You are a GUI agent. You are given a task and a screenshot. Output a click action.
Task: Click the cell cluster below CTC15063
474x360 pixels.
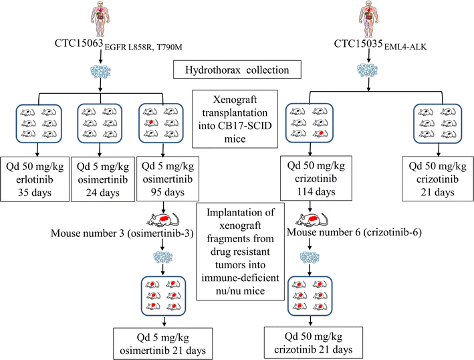point(101,74)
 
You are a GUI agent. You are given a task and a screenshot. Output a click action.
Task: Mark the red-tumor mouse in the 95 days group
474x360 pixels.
point(154,123)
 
